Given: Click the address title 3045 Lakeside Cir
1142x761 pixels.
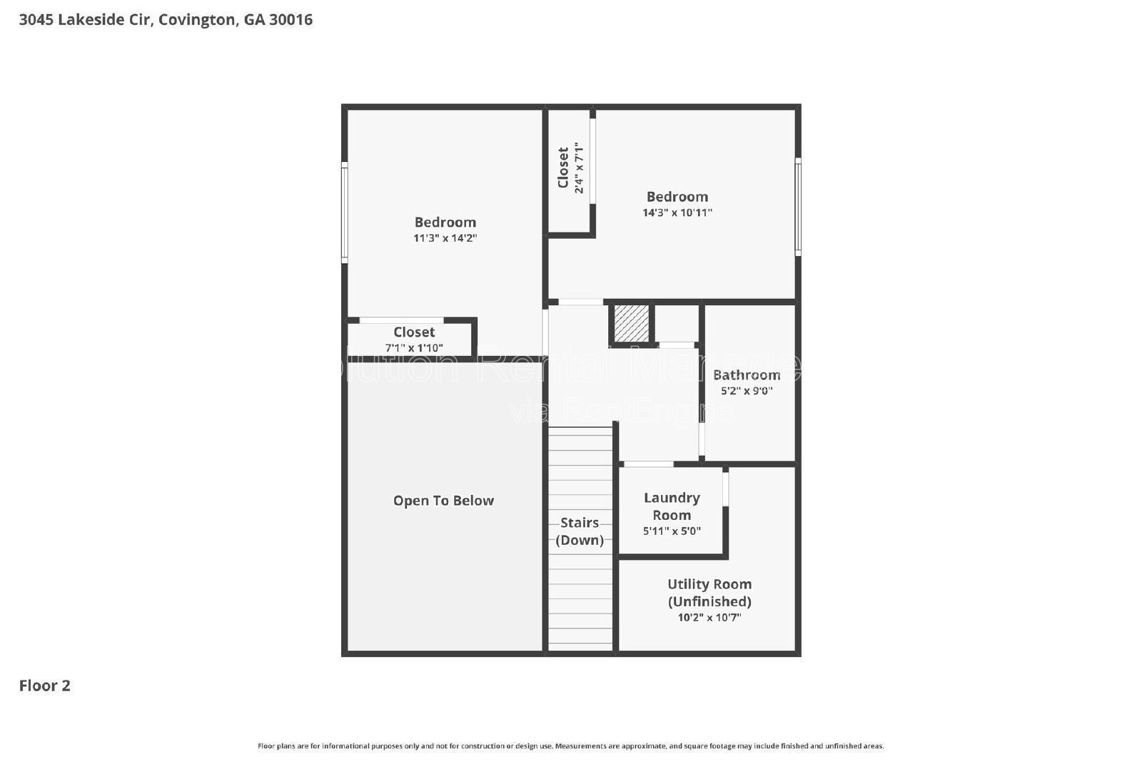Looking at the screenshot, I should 165,20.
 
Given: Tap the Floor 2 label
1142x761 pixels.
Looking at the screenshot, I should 44,685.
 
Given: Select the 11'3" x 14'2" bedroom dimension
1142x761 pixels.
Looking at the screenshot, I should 445,238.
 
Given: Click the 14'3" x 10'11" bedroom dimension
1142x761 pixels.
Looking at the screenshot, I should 677,213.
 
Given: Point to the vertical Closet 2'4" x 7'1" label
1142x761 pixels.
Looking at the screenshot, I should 571,169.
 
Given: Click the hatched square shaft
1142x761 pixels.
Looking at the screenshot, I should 632,323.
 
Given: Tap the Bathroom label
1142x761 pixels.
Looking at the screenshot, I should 746,374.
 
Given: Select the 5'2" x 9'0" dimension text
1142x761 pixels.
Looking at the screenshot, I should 746,391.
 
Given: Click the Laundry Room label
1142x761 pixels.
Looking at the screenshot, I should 672,506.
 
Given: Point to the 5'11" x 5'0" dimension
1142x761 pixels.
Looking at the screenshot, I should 672,531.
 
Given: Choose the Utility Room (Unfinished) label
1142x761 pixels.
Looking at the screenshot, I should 709,593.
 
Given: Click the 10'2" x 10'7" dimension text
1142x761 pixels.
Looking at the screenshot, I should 709,618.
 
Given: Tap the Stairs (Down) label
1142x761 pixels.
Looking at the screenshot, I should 580,531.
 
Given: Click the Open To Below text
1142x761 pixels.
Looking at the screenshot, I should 443,501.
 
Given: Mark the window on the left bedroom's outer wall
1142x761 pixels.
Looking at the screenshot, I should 345,213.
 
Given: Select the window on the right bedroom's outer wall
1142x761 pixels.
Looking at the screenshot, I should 798,207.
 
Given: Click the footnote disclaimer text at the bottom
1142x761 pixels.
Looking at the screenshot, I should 570,746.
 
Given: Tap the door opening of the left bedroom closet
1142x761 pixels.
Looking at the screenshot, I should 401,320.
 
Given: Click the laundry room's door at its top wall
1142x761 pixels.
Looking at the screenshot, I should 648,464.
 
